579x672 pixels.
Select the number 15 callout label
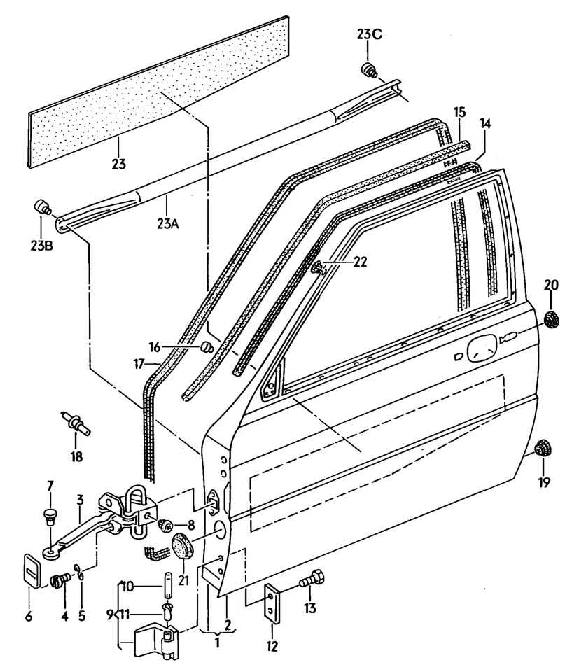click(x=459, y=113)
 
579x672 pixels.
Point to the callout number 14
click(x=484, y=124)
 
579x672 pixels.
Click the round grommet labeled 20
click(x=553, y=320)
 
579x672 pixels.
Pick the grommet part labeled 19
click(x=543, y=448)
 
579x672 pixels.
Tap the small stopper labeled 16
click(x=207, y=346)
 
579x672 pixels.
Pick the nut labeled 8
click(x=167, y=524)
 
